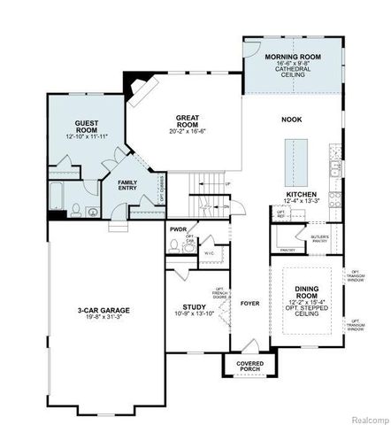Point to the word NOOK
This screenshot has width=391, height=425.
(291, 120)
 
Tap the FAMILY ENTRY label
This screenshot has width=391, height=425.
(134, 184)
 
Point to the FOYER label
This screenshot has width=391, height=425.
(250, 303)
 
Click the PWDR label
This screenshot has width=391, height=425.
(179, 229)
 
